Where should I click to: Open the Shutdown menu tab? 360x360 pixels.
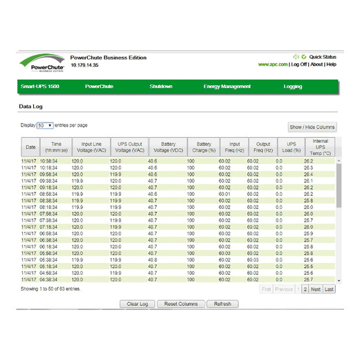(x=161, y=87)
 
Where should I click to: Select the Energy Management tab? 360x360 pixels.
(x=227, y=87)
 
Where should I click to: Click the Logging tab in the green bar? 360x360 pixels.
(x=293, y=87)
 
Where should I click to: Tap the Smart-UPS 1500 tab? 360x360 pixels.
(x=39, y=87)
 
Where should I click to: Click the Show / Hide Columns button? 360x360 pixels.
(x=312, y=127)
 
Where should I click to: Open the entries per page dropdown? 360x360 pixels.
(x=45, y=125)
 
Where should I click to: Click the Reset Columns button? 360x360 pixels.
(x=181, y=304)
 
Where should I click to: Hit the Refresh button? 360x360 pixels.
(x=222, y=304)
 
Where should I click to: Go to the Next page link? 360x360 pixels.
(x=315, y=289)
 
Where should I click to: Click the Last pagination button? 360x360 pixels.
(x=329, y=289)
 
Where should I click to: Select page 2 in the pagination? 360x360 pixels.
(x=305, y=289)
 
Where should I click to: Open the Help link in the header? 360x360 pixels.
(x=332, y=64)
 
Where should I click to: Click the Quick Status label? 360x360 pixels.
(x=323, y=56)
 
